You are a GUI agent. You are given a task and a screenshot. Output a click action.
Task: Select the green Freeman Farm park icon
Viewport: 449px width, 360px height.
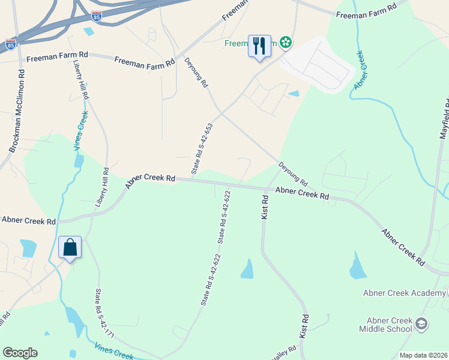point(286,43)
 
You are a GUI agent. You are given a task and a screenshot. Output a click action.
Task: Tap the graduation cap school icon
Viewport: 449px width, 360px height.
point(421,324)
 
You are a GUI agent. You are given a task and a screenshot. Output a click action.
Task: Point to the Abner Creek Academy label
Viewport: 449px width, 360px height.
point(404,293)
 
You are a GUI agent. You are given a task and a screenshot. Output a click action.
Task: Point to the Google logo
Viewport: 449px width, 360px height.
point(20,353)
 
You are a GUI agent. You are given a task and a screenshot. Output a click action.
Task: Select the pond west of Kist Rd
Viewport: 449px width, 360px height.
point(247,269)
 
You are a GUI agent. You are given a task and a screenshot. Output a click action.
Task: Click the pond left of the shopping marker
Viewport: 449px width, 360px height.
point(28,247)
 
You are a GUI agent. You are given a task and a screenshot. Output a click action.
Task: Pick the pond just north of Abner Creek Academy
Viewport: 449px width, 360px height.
point(358,266)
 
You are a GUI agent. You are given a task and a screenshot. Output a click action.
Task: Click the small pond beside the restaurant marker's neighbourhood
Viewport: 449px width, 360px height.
point(294,93)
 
